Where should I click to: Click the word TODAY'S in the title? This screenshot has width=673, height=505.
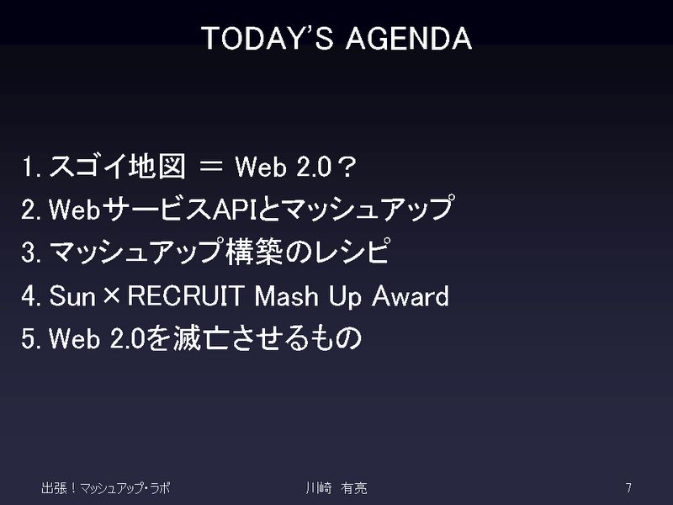(267, 38)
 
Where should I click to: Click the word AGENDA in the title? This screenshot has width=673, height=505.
(409, 38)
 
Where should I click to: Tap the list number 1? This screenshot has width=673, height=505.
(31, 167)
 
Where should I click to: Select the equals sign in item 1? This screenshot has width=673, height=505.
(211, 167)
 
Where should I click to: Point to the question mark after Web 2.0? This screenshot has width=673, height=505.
(347, 167)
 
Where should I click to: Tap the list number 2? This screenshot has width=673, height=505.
(31, 210)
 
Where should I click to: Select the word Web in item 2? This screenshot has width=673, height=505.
(75, 210)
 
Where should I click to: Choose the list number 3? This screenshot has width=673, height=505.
(31, 252)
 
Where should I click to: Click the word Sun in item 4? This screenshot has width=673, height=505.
(72, 296)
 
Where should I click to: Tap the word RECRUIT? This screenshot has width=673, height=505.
(186, 296)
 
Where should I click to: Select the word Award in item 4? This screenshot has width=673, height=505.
(411, 296)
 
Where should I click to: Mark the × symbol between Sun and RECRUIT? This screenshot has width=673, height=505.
(112, 296)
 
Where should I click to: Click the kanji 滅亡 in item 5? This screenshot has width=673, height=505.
(201, 338)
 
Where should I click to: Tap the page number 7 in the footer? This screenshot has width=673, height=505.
(628, 488)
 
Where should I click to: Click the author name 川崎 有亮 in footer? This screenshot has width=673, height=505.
(336, 488)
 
